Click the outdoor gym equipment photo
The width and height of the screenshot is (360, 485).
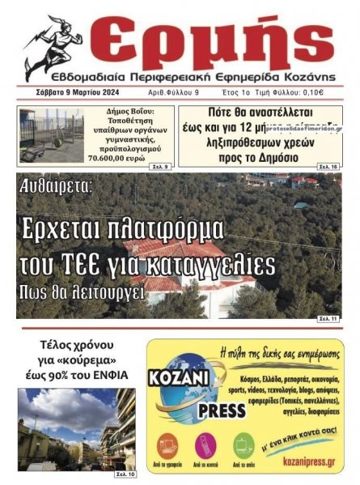(52, 134)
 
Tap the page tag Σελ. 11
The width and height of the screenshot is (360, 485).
(328, 318)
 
